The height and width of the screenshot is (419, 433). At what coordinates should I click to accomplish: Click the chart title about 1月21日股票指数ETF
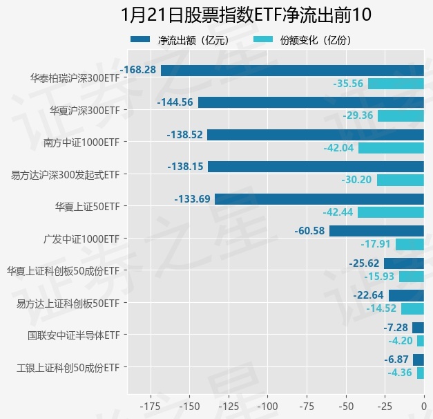click(216, 15)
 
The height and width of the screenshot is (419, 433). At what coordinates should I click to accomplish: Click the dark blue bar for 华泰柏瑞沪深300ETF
click(292, 70)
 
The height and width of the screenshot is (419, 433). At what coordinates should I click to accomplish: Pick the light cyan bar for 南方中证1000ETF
click(391, 148)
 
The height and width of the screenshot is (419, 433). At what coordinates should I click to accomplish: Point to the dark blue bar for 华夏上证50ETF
click(319, 199)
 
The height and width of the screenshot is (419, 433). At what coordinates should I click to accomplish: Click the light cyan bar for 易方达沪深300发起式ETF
click(400, 180)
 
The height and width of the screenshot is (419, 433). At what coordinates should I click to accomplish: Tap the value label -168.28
click(138, 70)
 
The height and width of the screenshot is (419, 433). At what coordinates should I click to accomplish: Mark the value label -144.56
click(175, 102)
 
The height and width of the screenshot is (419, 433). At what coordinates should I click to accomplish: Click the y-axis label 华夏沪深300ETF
click(85, 110)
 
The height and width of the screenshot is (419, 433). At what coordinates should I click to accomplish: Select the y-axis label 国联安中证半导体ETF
click(74, 335)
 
